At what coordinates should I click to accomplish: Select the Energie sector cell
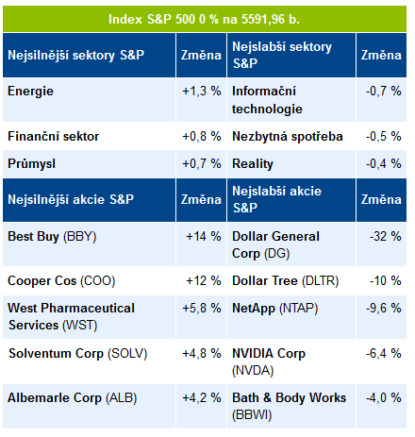(x=30, y=92)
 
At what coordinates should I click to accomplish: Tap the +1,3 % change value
(x=202, y=92)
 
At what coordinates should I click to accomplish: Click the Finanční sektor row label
(x=53, y=136)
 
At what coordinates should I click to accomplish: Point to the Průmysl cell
(x=31, y=163)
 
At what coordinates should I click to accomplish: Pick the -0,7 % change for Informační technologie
(x=383, y=92)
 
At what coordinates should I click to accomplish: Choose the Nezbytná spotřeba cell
(x=288, y=136)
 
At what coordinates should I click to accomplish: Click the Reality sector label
(x=253, y=164)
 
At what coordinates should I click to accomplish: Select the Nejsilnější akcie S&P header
(x=71, y=199)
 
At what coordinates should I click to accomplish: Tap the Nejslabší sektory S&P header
(x=282, y=55)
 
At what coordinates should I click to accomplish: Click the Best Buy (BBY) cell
(x=52, y=237)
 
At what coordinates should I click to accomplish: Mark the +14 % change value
(x=204, y=237)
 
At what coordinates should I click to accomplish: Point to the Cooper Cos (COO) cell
(x=61, y=280)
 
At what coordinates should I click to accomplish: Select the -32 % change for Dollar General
(x=385, y=237)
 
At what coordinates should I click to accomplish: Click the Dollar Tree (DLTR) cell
(x=285, y=280)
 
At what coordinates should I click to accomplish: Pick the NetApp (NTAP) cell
(x=274, y=309)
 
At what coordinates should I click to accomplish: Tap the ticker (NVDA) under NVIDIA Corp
(x=253, y=370)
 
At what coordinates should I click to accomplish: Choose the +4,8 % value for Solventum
(x=202, y=354)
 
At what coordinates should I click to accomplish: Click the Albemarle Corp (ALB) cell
(x=73, y=398)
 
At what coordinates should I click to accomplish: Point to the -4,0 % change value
(x=383, y=398)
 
